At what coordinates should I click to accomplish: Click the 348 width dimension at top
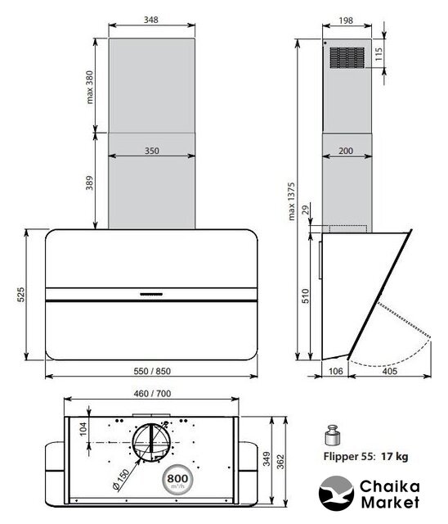click(150, 20)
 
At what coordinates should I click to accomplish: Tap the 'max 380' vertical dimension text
click(90, 87)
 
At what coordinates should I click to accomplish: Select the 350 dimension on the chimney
click(151, 151)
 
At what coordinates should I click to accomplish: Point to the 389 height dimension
click(89, 183)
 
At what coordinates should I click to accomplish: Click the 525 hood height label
click(20, 294)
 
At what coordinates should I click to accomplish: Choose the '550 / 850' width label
click(152, 371)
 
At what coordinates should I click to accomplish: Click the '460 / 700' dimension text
click(152, 393)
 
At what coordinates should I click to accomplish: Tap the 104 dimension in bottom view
click(83, 429)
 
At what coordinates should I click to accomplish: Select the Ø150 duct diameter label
click(121, 480)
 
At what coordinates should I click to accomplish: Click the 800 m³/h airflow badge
click(177, 480)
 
